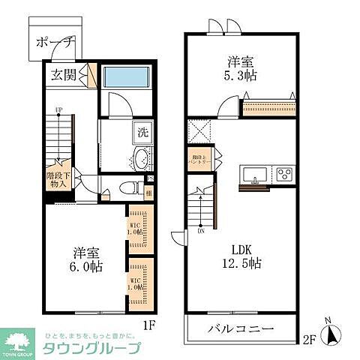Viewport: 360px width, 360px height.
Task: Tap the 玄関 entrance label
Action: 64,75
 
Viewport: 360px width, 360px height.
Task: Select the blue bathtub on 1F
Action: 126,77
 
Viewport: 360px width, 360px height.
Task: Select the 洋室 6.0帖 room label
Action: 86,259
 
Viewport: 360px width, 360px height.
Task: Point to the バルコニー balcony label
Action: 242,328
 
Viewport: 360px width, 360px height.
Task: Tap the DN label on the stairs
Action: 201,231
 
